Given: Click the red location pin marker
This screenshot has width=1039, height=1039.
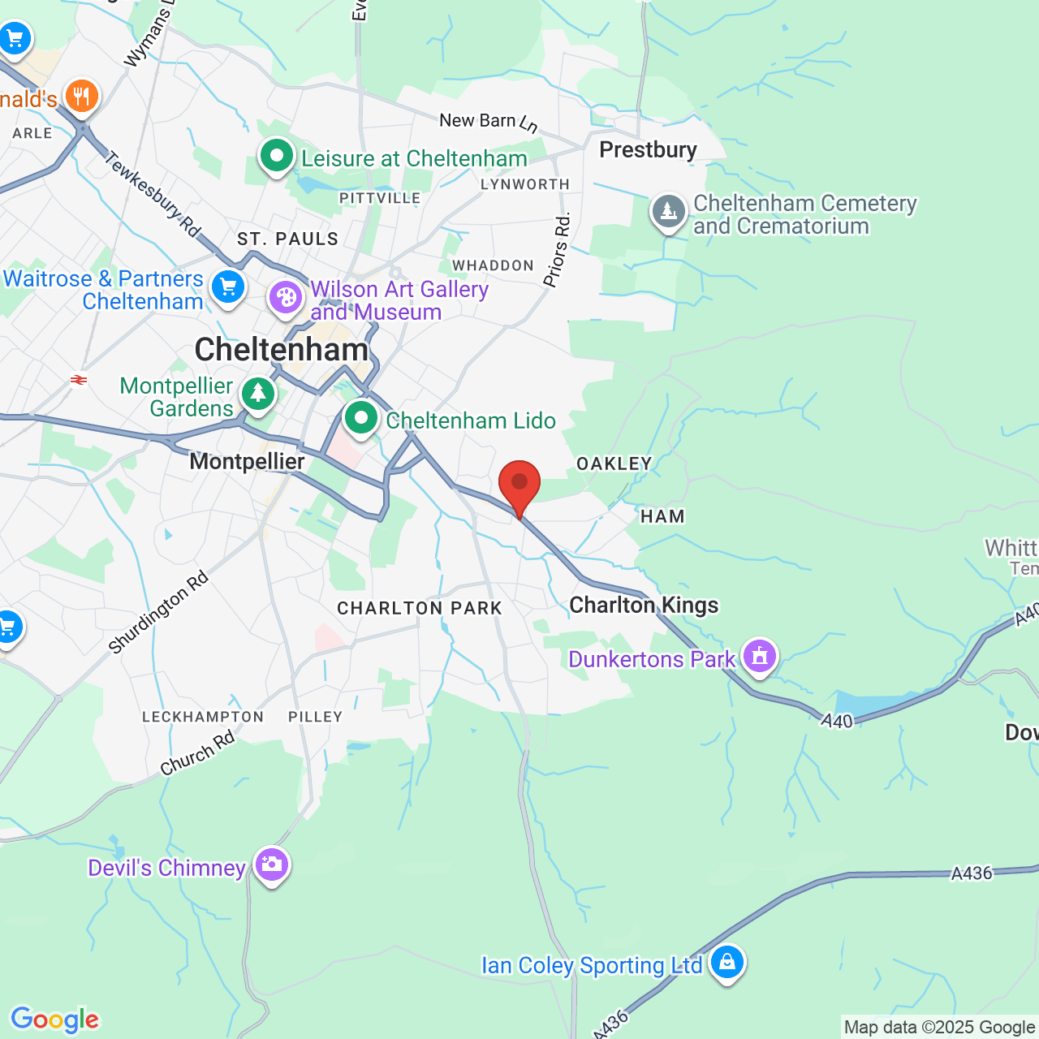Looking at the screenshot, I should (x=519, y=485).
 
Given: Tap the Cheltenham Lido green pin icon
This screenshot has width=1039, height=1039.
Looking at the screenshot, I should (x=361, y=419).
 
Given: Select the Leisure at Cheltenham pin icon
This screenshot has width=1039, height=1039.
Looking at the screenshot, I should (x=276, y=155).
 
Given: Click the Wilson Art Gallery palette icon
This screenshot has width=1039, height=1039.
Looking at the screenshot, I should (x=286, y=298).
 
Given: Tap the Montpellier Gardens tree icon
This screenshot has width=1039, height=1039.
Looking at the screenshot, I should (x=258, y=394).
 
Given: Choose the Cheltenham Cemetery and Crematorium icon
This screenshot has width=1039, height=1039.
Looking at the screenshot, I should (x=668, y=211).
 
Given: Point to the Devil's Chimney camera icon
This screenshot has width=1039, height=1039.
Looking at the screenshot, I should (x=271, y=864).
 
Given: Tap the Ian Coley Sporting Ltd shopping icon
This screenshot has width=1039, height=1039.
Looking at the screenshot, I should (x=726, y=963).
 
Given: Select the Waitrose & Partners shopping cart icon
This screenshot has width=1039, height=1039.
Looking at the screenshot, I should (x=228, y=287).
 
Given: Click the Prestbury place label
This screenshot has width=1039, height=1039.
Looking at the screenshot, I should (x=648, y=150).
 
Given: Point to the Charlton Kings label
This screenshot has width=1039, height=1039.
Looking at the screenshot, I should (x=644, y=606).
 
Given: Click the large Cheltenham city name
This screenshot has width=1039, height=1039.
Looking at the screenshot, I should (x=282, y=350).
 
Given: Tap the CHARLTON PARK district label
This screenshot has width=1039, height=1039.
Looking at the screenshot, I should (x=420, y=609).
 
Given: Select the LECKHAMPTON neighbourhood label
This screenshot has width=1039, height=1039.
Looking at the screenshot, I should (x=203, y=717).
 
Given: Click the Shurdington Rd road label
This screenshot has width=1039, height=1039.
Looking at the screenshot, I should (x=158, y=613).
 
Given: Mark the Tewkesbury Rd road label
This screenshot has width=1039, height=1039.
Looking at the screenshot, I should (x=153, y=195).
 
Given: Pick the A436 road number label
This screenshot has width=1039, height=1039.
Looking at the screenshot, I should (x=972, y=873).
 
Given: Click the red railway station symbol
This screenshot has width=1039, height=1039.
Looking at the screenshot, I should (x=79, y=379).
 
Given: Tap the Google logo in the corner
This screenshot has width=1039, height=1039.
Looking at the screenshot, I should (x=55, y=1020).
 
